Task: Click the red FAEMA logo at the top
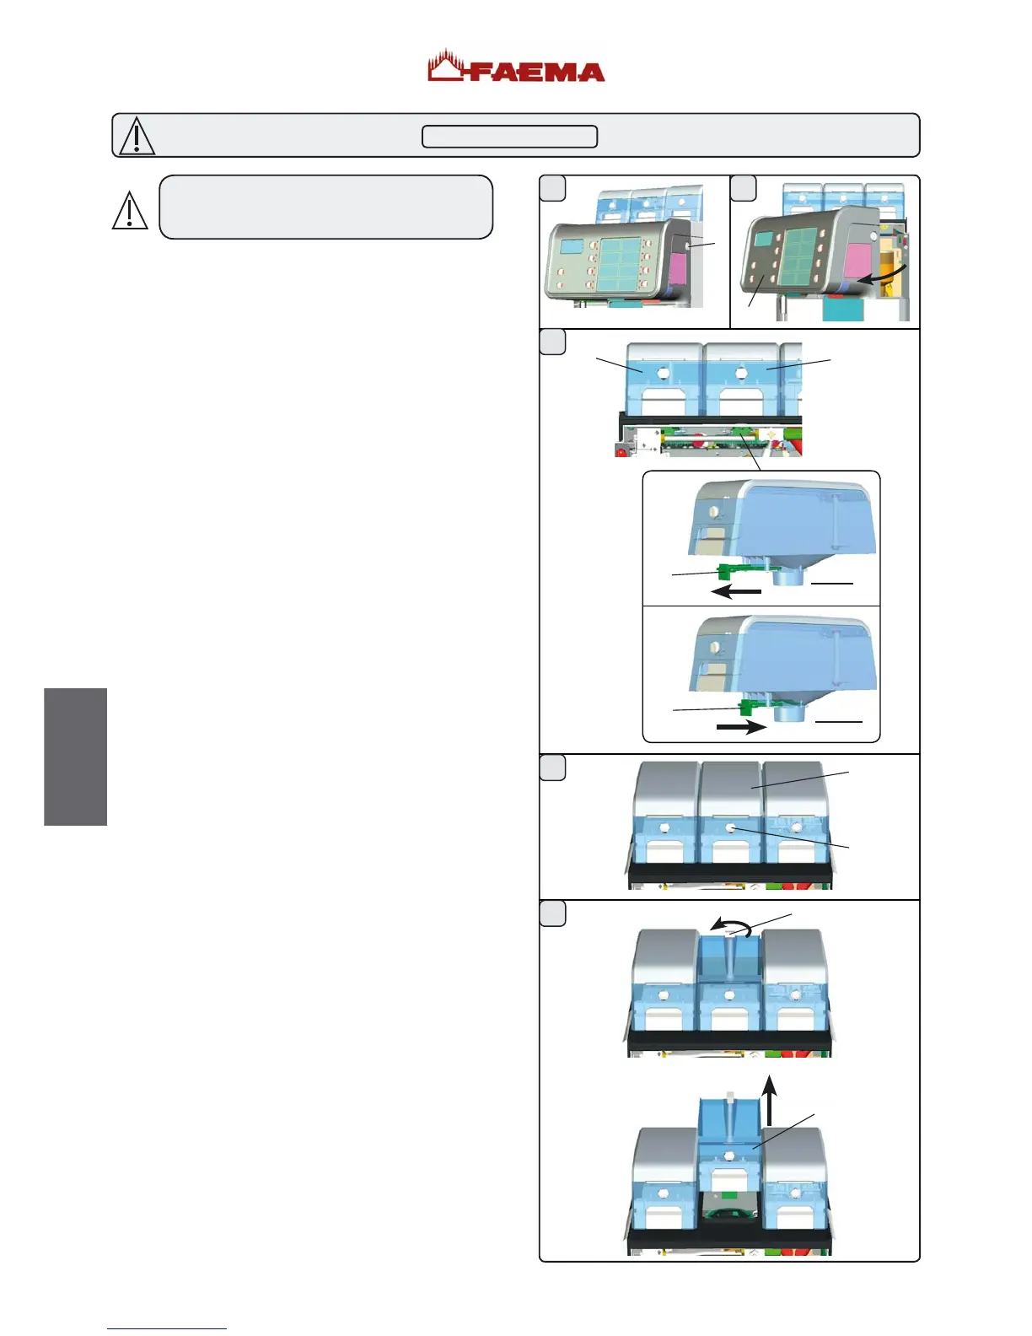click(x=516, y=67)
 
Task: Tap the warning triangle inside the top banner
click(x=137, y=136)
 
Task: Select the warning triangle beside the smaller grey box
click(x=130, y=211)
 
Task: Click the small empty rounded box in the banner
click(x=509, y=136)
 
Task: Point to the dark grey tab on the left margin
click(x=76, y=757)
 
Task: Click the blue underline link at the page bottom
click(x=167, y=1328)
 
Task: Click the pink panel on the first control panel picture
click(x=677, y=271)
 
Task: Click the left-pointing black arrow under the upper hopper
click(x=735, y=592)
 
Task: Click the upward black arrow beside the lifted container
click(x=769, y=1100)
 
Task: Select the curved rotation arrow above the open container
click(x=731, y=927)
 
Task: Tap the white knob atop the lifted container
click(x=731, y=1098)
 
